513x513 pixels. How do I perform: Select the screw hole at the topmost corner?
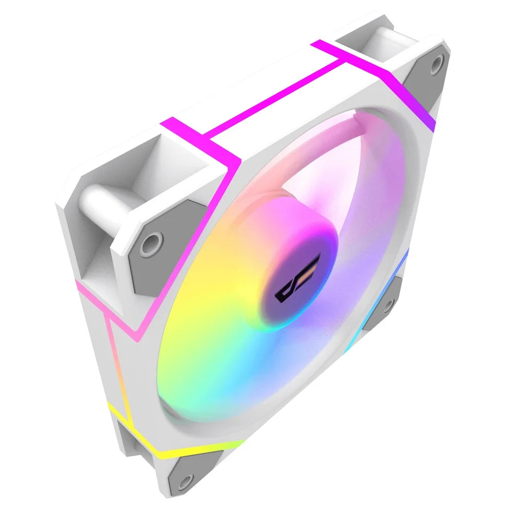(x=436, y=63)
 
